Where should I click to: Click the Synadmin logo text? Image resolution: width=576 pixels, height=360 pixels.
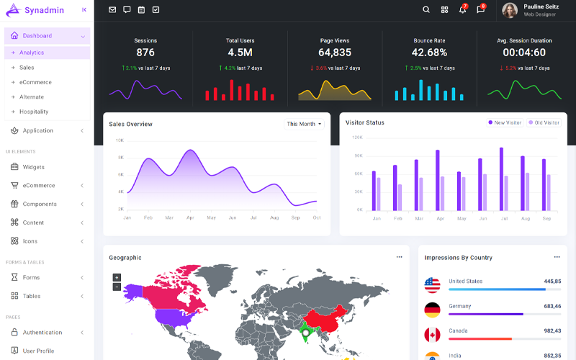tap(45, 10)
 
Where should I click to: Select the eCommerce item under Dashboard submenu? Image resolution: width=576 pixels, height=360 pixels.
tap(35, 82)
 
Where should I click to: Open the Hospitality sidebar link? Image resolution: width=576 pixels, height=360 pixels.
tap(34, 112)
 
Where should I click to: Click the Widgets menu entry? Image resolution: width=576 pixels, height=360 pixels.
tap(33, 167)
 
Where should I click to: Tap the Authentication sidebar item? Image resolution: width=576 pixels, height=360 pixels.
tap(42, 333)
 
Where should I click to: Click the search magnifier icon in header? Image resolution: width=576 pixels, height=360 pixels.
tap(426, 10)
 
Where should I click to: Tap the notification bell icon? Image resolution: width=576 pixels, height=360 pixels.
tap(462, 10)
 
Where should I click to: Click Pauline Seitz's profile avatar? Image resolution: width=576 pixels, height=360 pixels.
tap(510, 10)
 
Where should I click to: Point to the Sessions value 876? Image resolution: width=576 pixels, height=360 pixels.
tap(145, 53)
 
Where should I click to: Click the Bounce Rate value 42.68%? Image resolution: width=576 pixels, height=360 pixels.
tap(429, 53)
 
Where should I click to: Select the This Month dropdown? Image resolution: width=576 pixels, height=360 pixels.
tap(305, 124)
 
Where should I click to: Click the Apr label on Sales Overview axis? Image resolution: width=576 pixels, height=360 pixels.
tap(190, 217)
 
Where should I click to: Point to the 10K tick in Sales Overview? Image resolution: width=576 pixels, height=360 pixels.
tap(120, 140)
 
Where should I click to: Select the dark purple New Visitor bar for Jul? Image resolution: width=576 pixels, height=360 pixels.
tap(501, 179)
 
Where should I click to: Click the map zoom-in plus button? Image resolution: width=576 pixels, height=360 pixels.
tap(117, 277)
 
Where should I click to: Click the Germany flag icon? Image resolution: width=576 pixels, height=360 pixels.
tap(432, 310)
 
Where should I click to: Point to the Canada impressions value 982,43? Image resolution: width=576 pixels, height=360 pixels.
tap(552, 330)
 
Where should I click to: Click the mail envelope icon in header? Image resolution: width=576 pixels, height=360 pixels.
tap(112, 10)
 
